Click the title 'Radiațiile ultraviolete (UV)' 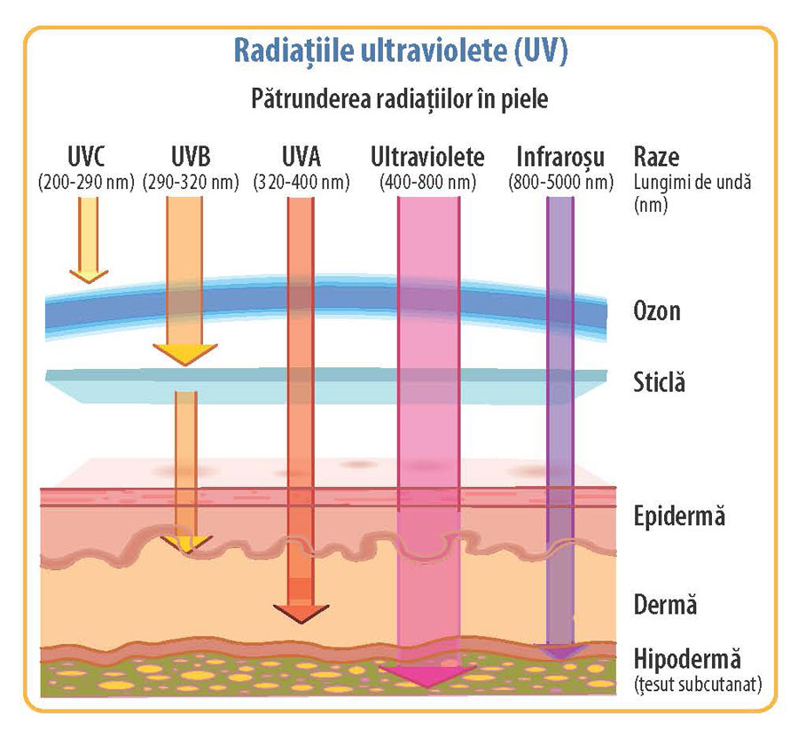[x=400, y=50]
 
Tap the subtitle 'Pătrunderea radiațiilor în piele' [x=400, y=98]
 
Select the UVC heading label [x=86, y=159]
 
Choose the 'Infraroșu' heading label [x=560, y=159]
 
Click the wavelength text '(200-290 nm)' [x=86, y=182]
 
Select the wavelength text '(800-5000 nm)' [x=560, y=182]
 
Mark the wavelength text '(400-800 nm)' [x=427, y=182]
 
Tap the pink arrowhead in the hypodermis [x=428, y=677]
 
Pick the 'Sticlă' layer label [x=660, y=384]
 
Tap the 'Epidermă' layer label [x=679, y=516]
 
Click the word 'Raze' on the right [x=657, y=159]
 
